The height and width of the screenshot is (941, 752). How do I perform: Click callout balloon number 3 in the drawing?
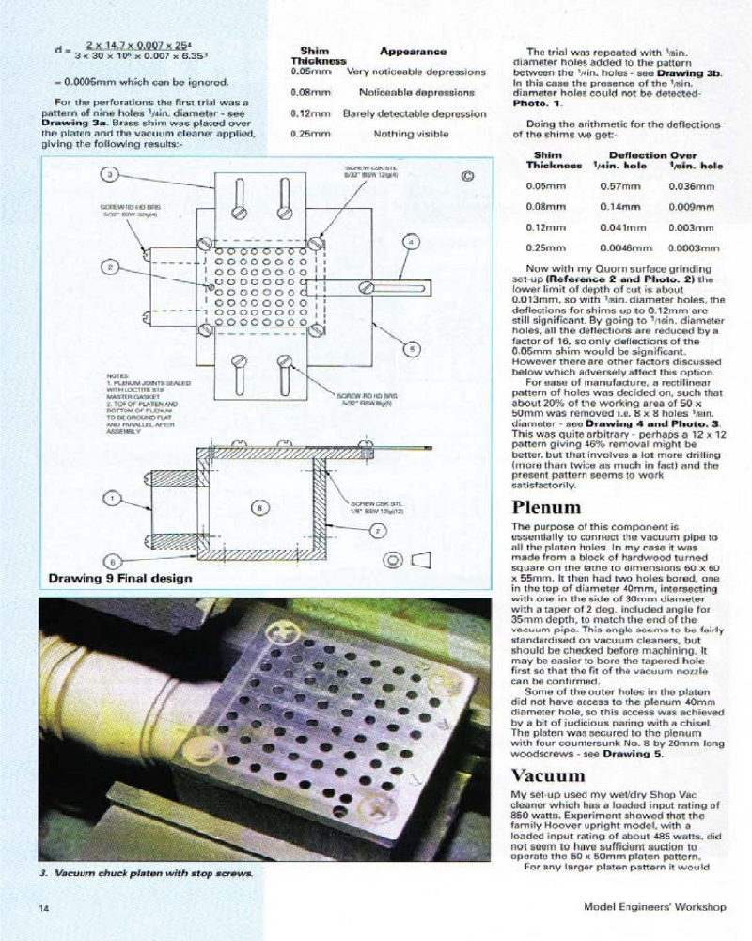pyautogui.click(x=109, y=175)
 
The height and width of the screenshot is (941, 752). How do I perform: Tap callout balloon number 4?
pyautogui.click(x=411, y=242)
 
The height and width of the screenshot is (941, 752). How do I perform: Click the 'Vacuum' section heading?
pyautogui.click(x=548, y=775)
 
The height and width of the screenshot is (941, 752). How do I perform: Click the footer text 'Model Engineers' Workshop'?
pyautogui.click(x=653, y=909)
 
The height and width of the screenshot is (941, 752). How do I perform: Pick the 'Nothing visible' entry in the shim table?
pyautogui.click(x=411, y=135)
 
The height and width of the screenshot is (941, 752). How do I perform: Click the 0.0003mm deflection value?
pyautogui.click(x=693, y=248)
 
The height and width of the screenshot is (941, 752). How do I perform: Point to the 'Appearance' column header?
pyautogui.click(x=412, y=50)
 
